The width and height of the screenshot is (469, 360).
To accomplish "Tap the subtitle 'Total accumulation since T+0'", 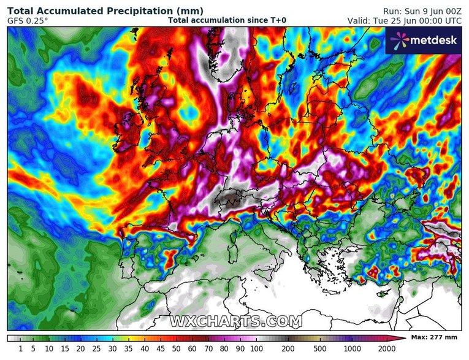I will (226, 20).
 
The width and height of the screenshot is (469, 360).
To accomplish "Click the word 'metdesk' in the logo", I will (432, 40).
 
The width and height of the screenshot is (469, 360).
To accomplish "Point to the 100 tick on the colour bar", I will (250, 348).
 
